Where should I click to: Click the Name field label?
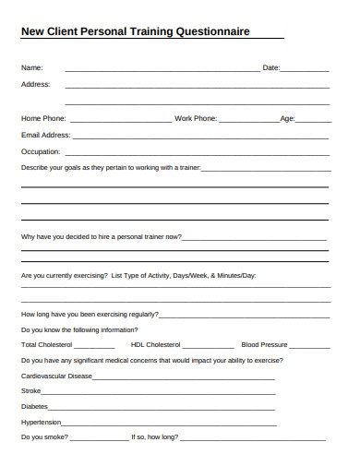click(31, 67)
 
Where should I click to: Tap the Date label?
click(271, 67)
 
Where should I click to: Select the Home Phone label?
click(43, 118)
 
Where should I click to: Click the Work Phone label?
click(196, 118)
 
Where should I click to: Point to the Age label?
click(287, 118)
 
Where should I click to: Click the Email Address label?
click(45, 135)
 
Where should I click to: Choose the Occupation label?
click(40, 151)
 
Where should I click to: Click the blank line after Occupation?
click(194, 153)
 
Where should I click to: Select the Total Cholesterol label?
click(46, 345)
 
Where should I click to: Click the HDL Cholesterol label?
click(159, 345)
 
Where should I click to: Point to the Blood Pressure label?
click(265, 345)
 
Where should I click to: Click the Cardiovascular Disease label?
click(57, 376)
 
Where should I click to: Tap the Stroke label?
click(30, 391)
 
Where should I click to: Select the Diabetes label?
click(34, 406)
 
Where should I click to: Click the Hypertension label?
click(41, 422)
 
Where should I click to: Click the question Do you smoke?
click(43, 436)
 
